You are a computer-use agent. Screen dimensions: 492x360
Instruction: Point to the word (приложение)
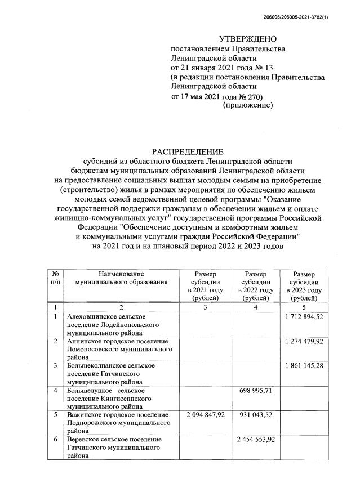pos(248,105)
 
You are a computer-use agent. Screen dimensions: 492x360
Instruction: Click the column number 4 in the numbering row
pos(255,307)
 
